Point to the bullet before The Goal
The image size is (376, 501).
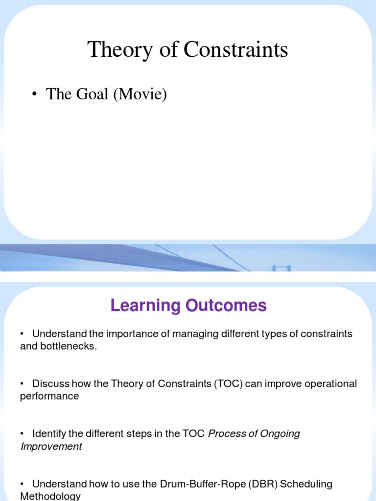[34, 94]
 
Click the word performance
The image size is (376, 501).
[49, 396]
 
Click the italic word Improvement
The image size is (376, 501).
[51, 447]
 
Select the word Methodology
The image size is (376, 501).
[50, 496]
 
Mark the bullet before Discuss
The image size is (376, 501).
[22, 384]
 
